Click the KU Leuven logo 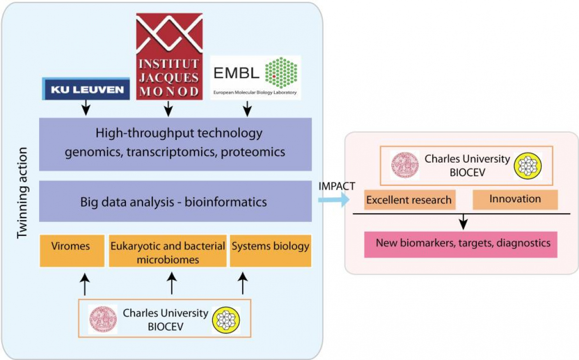pos(86,89)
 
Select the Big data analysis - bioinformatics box pos(176,201)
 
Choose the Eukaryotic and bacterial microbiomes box pos(167,250)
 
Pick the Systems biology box pos(271,250)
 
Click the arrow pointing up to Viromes pos(84,284)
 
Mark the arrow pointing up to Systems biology pos(243,284)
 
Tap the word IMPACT pos(337,185)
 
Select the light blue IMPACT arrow pos(333,199)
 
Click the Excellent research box pos(408,200)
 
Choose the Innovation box pos(515,199)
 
